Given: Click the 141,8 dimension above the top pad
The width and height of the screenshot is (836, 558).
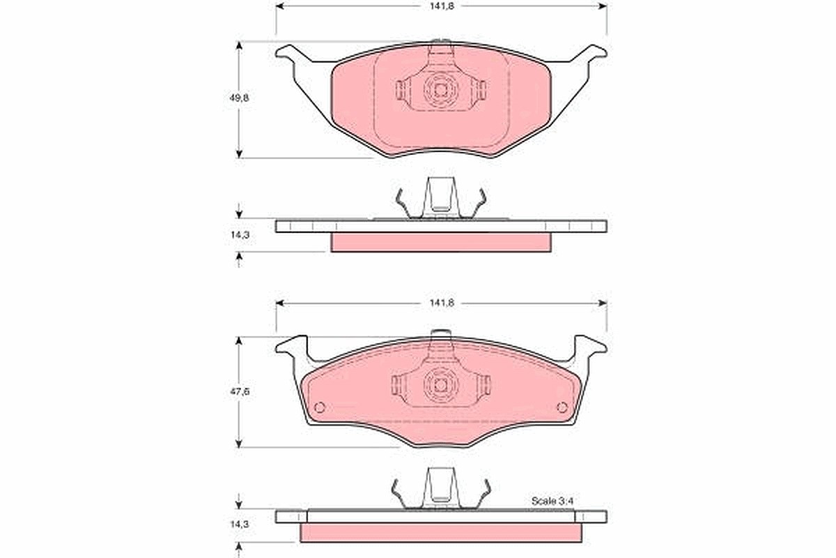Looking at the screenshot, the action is (442, 6).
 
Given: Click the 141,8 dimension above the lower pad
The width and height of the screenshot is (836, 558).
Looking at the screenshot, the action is (442, 303).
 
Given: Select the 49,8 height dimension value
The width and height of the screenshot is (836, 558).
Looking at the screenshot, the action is (239, 98).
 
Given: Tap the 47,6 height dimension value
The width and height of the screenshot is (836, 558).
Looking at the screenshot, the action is (239, 392).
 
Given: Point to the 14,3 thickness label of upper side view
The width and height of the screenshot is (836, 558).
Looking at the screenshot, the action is (240, 235).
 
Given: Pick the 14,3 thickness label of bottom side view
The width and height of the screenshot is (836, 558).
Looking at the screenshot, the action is (240, 524).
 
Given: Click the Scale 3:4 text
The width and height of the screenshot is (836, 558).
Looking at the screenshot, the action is (552, 502).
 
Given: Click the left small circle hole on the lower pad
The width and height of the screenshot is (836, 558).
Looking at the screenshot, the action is (320, 407).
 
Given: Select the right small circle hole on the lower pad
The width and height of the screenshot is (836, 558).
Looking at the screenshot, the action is (562, 407).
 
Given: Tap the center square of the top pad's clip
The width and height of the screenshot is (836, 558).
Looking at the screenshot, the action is (441, 90).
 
